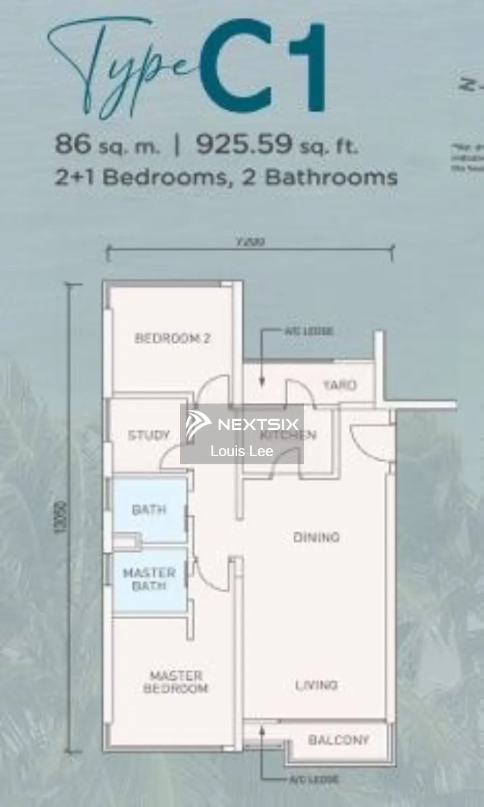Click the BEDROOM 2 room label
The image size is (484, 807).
(x=172, y=338)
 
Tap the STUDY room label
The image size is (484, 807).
(x=148, y=435)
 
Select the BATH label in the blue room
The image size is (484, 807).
(x=149, y=509)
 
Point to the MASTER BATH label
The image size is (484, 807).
(x=149, y=579)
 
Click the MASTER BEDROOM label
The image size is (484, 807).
(x=176, y=682)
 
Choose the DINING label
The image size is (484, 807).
(x=316, y=537)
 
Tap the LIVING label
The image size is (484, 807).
(x=316, y=685)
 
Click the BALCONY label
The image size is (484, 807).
(x=339, y=740)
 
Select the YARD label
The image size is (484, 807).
(x=339, y=385)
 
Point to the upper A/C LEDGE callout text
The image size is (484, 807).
(x=309, y=331)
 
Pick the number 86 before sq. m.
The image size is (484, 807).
(x=73, y=144)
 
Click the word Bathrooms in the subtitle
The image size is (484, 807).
(x=331, y=177)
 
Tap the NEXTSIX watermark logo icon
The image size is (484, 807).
(x=198, y=424)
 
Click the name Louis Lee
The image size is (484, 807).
(x=242, y=451)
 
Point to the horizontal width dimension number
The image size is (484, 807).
(x=250, y=242)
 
